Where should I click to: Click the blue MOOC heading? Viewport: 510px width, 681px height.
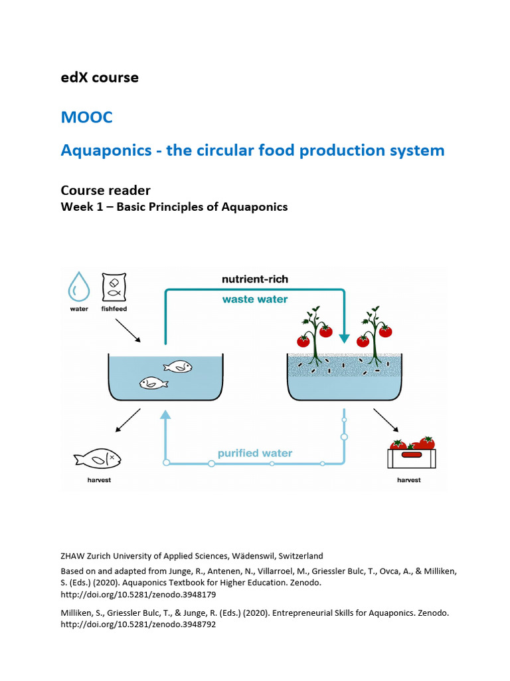pyautogui.click(x=86, y=118)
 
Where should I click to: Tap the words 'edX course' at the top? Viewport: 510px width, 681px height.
pyautogui.click(x=100, y=77)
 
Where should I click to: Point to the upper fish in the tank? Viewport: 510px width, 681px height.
pyautogui.click(x=178, y=366)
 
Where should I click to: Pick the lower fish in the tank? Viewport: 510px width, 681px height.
pyautogui.click(x=153, y=382)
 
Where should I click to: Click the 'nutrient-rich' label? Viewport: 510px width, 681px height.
pyautogui.click(x=254, y=279)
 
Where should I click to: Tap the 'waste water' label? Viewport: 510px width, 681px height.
pyautogui.click(x=254, y=299)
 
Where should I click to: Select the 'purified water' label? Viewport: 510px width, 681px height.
pyautogui.click(x=254, y=454)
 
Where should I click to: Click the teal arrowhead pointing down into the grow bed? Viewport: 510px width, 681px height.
pyautogui.click(x=344, y=338)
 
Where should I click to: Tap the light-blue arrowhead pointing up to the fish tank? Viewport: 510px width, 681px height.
pyautogui.click(x=166, y=416)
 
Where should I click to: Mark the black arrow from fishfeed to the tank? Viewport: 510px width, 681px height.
pyautogui.click(x=128, y=330)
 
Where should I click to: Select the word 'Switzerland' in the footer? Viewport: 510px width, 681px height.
pyautogui.click(x=298, y=556)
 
